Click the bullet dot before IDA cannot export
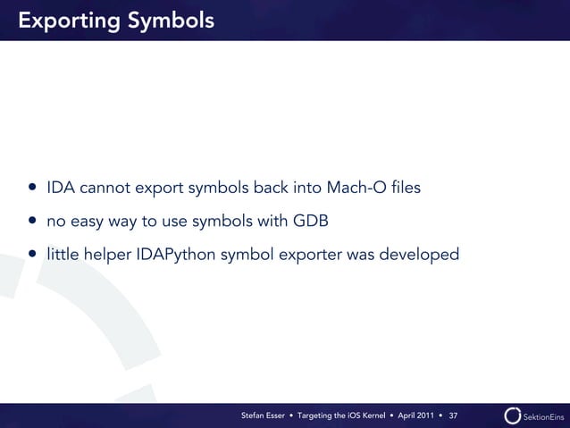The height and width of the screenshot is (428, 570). [x=32, y=189]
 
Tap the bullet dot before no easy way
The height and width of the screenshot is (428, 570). [x=32, y=222]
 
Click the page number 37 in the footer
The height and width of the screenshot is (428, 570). [x=453, y=416]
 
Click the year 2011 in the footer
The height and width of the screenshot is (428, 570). [x=424, y=416]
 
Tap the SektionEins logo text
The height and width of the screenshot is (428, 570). [x=543, y=416]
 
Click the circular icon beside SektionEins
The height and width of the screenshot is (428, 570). [x=513, y=415]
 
